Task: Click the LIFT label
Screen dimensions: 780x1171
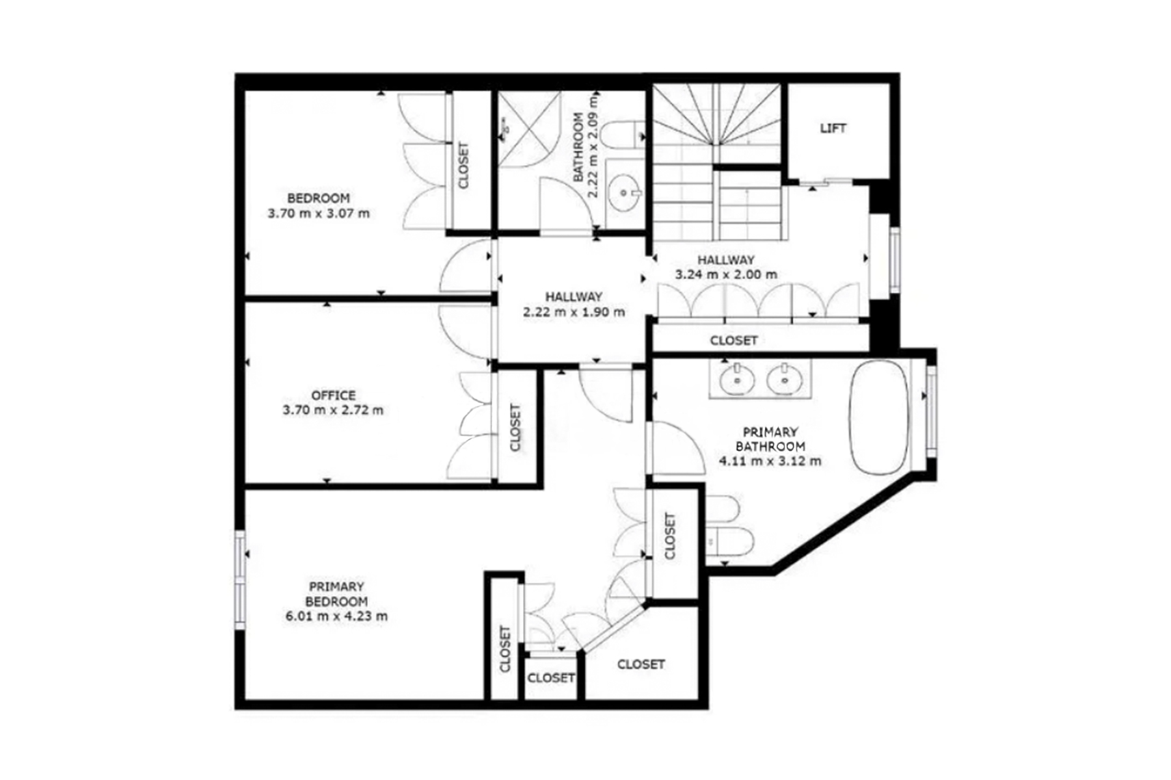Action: [833, 128]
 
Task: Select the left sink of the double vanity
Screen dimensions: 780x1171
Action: [736, 378]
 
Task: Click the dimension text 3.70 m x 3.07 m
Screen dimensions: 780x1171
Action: [318, 213]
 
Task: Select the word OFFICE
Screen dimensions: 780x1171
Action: [333, 395]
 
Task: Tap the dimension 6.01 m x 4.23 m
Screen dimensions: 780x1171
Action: [336, 616]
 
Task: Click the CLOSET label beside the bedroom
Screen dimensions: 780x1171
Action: [463, 166]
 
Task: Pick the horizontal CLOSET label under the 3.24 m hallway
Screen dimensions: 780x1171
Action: [733, 340]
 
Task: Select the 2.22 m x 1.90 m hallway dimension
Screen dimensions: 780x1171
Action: [574, 312]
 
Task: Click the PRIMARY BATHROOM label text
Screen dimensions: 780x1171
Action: [770, 439]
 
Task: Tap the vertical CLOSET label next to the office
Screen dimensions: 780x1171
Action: [515, 427]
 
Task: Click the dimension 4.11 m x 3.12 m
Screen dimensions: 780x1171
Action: [770, 461]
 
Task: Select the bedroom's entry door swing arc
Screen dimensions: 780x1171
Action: [465, 266]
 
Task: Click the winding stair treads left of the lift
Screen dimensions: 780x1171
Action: [716, 117]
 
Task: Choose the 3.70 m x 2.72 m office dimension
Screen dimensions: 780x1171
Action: [333, 410]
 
